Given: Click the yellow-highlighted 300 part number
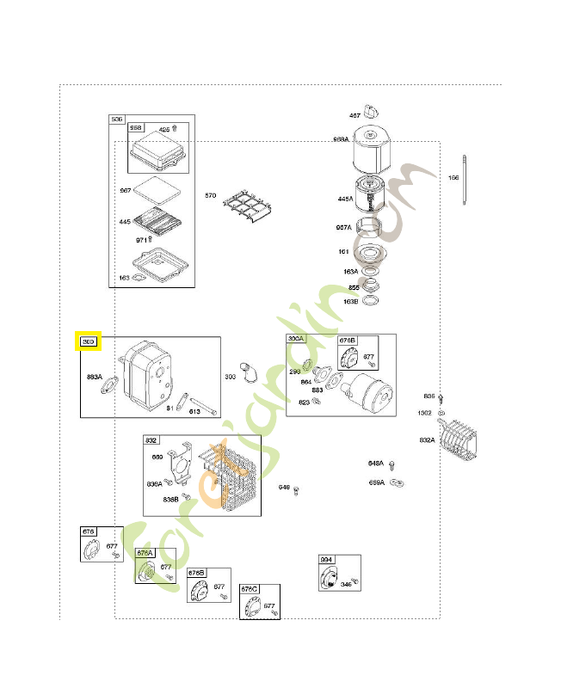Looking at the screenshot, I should (x=89, y=341).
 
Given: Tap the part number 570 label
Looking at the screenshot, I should (x=210, y=196).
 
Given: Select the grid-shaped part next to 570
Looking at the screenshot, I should (x=248, y=209).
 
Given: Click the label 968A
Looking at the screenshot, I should (x=341, y=139).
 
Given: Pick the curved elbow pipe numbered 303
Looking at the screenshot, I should (x=249, y=372).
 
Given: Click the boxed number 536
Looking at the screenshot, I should (x=117, y=119).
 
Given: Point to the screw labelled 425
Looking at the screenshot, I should (x=176, y=128).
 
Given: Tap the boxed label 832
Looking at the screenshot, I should (x=151, y=439).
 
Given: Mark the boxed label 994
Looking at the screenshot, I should (x=326, y=560).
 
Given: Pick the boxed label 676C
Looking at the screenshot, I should (x=250, y=589).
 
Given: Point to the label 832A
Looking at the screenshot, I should (x=427, y=439).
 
